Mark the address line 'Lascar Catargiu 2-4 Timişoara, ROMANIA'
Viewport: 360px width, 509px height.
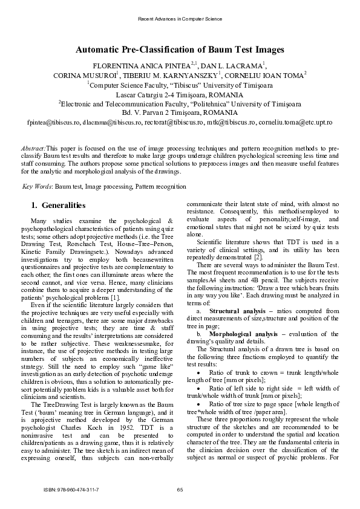click(180, 95)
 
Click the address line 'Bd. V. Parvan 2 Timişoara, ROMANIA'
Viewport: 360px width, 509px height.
click(180, 112)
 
